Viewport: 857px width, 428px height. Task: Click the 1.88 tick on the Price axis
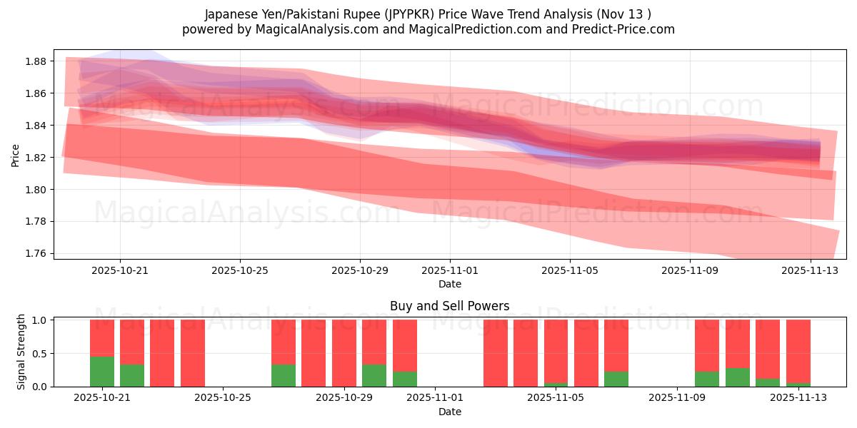(36, 61)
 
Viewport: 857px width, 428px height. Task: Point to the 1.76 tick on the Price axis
(36, 253)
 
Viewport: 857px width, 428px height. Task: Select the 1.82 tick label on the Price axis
(36, 158)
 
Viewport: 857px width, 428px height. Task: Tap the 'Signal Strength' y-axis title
(21, 352)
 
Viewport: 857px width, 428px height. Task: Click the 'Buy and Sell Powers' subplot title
(449, 306)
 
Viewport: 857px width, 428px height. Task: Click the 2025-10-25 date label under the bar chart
(224, 397)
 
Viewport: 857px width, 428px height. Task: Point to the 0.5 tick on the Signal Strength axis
(39, 353)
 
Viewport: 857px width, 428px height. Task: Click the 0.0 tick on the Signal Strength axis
(39, 387)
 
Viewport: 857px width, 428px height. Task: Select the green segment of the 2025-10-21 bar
(102, 372)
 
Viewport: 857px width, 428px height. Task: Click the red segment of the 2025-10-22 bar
(132, 342)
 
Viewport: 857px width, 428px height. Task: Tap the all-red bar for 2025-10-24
(193, 353)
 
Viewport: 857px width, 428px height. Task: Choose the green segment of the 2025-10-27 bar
(284, 376)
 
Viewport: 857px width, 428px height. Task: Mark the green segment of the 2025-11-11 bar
(738, 377)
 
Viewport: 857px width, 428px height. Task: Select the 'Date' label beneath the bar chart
(449, 412)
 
